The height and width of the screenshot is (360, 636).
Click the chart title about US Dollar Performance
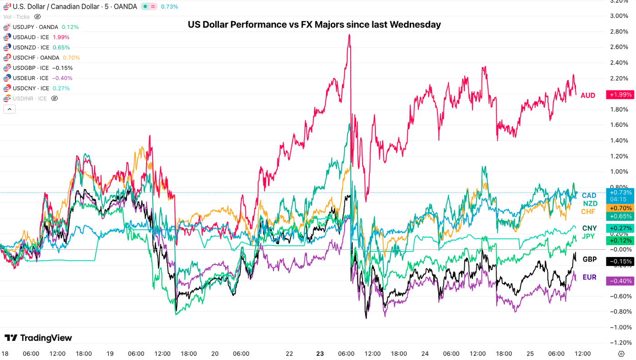click(314, 25)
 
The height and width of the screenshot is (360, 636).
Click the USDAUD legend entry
click(31, 37)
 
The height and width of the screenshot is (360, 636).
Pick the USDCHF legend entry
click(36, 58)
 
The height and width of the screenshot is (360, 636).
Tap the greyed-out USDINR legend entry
click(30, 99)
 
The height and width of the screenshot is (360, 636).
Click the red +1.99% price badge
click(620, 94)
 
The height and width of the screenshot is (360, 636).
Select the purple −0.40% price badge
click(620, 281)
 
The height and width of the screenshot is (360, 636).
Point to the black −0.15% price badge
click(620, 261)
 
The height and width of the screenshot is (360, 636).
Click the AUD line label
click(588, 95)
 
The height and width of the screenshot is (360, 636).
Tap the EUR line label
click(589, 277)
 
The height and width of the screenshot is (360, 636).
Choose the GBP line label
click(589, 260)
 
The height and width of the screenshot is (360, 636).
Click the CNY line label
click(589, 228)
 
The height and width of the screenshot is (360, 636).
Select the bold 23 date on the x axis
click(320, 354)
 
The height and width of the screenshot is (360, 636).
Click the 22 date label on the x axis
click(289, 354)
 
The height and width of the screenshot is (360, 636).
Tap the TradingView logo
click(38, 338)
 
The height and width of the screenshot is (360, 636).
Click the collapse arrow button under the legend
click(10, 109)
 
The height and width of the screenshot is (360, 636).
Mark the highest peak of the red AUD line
click(349, 35)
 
